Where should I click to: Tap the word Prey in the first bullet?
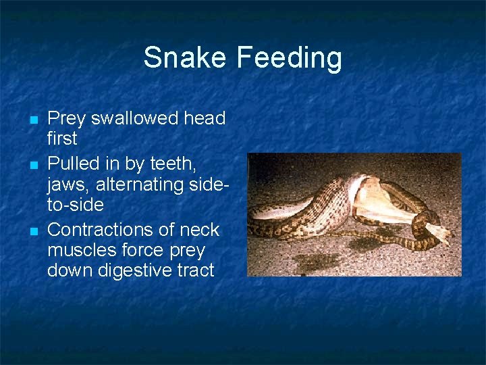(66, 119)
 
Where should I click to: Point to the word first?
(62, 139)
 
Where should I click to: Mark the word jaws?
(67, 185)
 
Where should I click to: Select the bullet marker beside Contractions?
(33, 232)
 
